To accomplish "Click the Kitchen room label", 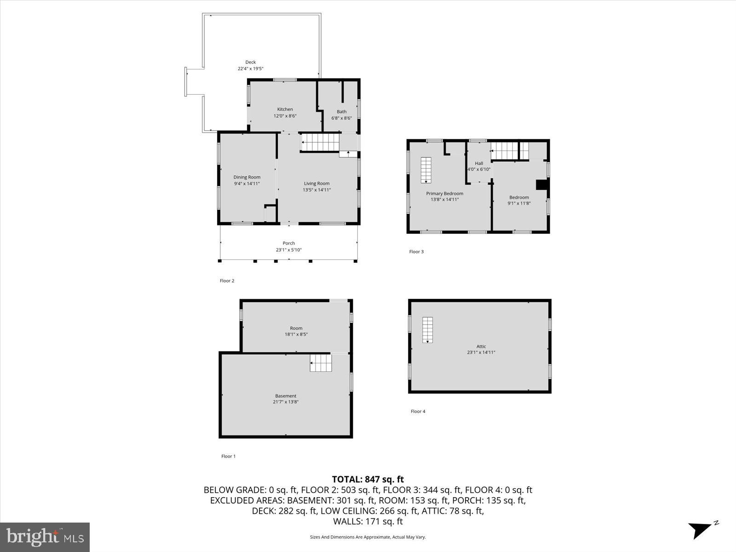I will click(285, 109).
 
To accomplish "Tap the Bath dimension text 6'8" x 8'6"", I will click(341, 118).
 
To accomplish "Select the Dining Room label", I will click(247, 177).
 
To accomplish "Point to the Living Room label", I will click(316, 184).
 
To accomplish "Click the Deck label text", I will click(250, 62).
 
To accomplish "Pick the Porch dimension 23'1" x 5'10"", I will click(288, 250).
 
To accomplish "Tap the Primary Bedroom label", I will click(444, 194).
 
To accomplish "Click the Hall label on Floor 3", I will click(479, 163).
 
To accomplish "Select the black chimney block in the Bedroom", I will click(542, 184).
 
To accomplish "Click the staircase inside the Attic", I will click(428, 330).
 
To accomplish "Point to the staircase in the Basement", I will click(321, 363).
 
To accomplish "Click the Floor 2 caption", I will click(227, 281).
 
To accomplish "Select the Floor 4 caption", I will click(418, 411).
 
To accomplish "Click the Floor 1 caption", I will click(228, 456).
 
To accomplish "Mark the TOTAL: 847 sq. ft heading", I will click(368, 479).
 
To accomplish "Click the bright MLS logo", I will click(45, 537).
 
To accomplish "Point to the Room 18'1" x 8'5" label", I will click(296, 331).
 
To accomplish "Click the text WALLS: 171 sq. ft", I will click(368, 521).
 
